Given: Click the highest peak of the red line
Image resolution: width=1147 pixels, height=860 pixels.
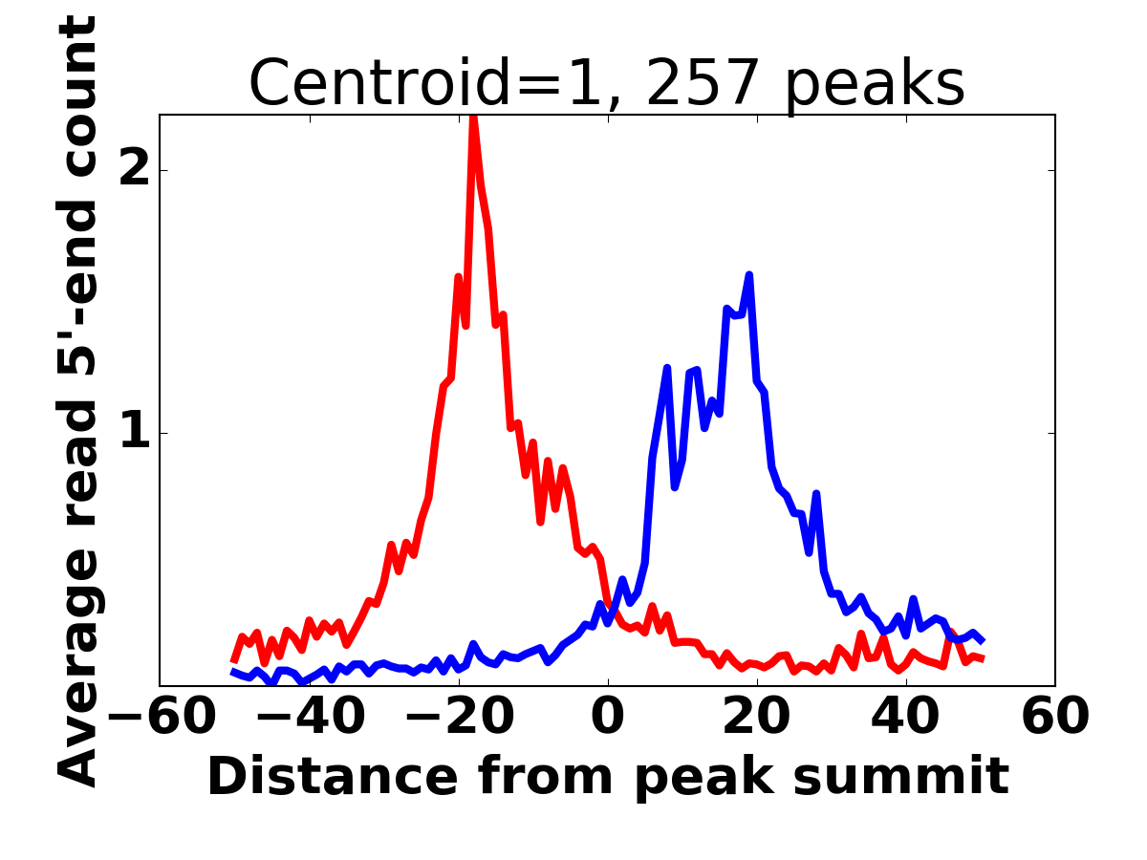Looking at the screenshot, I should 473,118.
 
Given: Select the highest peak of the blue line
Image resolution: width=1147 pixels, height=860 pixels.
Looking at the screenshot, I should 749,276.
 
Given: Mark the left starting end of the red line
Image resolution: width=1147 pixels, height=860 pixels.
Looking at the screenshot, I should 233,660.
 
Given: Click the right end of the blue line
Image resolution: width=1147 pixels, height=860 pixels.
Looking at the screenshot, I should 983,640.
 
